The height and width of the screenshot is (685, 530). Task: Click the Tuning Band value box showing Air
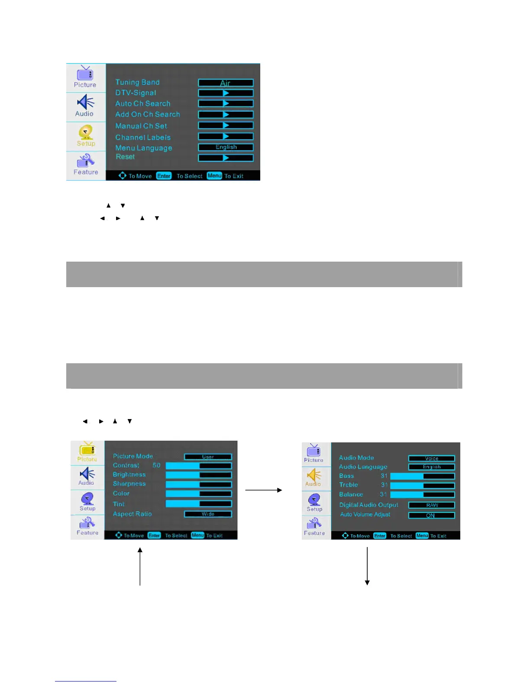pyautogui.click(x=226, y=83)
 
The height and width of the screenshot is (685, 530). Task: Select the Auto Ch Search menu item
pyautogui.click(x=142, y=104)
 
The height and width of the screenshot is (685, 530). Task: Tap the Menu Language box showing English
pyautogui.click(x=226, y=147)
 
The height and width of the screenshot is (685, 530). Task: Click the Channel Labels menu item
pyautogui.click(x=143, y=138)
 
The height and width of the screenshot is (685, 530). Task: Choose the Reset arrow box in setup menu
pyautogui.click(x=226, y=158)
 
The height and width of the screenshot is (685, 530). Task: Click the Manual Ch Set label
pyautogui.click(x=141, y=126)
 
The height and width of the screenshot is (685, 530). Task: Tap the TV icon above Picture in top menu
pyautogui.click(x=85, y=74)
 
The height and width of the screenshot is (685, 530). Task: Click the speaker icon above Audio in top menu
pyautogui.click(x=85, y=102)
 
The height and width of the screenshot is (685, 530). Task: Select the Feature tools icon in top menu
pyautogui.click(x=85, y=161)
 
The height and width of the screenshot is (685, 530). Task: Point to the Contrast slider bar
pyautogui.click(x=199, y=466)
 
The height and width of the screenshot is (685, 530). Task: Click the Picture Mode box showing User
pyautogui.click(x=208, y=457)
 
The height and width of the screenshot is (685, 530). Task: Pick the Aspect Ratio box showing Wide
pyautogui.click(x=208, y=514)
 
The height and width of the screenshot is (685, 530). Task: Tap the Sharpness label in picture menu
pyautogui.click(x=129, y=484)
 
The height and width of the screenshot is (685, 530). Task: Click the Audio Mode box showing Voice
pyautogui.click(x=431, y=458)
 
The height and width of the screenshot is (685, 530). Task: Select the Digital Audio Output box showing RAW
pyautogui.click(x=431, y=505)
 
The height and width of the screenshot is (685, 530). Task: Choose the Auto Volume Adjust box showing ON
pyautogui.click(x=431, y=515)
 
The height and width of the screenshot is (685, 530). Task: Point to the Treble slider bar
pyautogui.click(x=422, y=485)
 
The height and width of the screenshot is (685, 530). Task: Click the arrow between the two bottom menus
pyautogui.click(x=263, y=490)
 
